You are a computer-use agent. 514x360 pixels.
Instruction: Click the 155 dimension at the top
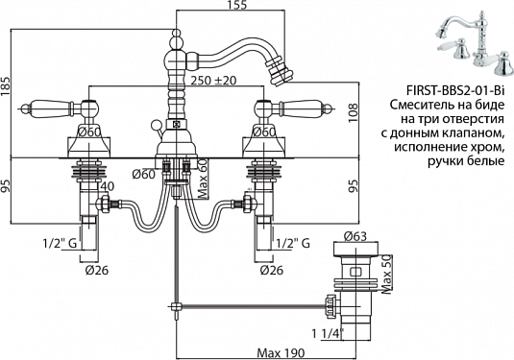pos(236,5)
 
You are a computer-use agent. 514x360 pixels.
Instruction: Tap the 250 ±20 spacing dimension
pos(213,81)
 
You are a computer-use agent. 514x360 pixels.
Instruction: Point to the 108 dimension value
pos(354,113)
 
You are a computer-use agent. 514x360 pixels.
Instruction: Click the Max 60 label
pos(204,179)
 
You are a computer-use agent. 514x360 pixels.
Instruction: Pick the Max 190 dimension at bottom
pos(281,353)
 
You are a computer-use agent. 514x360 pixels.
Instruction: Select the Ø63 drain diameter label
pos(355,236)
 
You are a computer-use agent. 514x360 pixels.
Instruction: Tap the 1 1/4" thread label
pos(328,334)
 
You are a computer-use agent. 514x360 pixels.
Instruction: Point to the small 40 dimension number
pos(108,186)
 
